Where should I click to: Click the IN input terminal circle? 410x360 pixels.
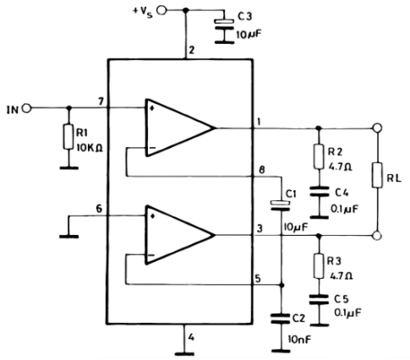[27, 108]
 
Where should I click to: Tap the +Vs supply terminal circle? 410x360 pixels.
[162, 10]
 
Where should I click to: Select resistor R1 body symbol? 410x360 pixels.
[68, 137]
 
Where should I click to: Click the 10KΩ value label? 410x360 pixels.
[89, 147]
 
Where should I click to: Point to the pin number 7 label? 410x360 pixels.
[101, 101]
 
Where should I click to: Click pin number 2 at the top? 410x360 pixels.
[192, 51]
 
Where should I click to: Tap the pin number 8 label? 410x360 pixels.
[262, 171]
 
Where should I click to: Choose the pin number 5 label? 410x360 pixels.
[258, 279]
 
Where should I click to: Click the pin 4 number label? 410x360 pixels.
[191, 337]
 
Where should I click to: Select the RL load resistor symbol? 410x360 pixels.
[377, 175]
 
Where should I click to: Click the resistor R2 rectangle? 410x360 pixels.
[319, 156]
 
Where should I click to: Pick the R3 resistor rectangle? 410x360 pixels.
[319, 266]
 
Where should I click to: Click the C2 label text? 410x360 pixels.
[298, 319]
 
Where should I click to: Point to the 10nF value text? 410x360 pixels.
[299, 340]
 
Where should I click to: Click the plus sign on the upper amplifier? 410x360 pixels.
[152, 108]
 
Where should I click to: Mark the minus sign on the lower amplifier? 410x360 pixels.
[151, 255]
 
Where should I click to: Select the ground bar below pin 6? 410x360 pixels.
[69, 237]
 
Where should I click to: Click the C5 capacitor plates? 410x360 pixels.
[319, 300]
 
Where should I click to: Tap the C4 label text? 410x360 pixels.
[342, 193]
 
